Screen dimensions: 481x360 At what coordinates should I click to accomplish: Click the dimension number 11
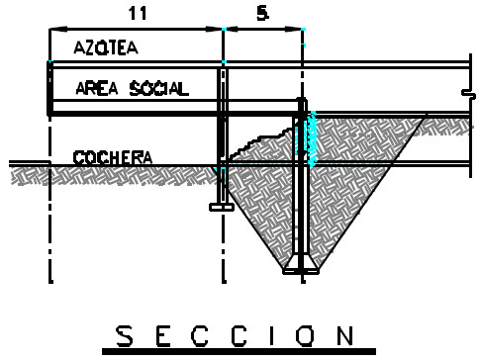pyautogui.click(x=138, y=13)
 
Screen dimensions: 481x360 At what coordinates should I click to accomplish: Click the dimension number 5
pyautogui.click(x=262, y=14)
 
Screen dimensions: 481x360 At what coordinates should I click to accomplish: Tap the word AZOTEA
pyautogui.click(x=106, y=47)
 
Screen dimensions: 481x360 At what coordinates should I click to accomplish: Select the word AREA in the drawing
pyautogui.click(x=97, y=89)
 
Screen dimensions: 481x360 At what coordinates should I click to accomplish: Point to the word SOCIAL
pyautogui.click(x=159, y=89)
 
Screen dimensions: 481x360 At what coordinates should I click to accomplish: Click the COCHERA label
pyautogui.click(x=113, y=157)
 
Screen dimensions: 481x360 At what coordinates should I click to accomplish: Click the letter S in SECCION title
pyautogui.click(x=125, y=336)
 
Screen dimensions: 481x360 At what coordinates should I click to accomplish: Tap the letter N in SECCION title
pyautogui.click(x=345, y=336)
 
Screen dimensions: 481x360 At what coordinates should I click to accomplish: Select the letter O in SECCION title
pyautogui.click(x=304, y=336)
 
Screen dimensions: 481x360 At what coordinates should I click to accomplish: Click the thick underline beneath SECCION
pyautogui.click(x=239, y=351)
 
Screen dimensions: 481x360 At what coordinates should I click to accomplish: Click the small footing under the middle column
pyautogui.click(x=222, y=207)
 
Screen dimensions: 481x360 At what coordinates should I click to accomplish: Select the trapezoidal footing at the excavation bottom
pyautogui.click(x=301, y=264)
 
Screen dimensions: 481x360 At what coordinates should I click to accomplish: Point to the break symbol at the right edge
pyautogui.click(x=469, y=94)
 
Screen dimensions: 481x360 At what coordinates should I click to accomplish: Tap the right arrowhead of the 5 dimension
pyautogui.click(x=294, y=29)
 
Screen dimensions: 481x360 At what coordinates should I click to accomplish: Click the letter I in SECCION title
pyautogui.click(x=271, y=336)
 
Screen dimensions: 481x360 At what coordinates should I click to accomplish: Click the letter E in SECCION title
pyautogui.click(x=163, y=336)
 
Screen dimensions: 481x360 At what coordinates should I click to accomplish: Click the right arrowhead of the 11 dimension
pyautogui.click(x=214, y=29)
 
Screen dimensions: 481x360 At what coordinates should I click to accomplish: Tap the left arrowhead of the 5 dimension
pyautogui.click(x=233, y=29)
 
